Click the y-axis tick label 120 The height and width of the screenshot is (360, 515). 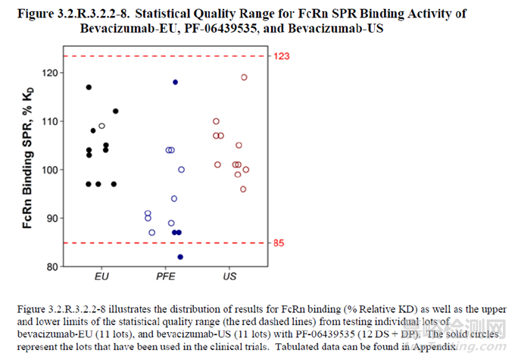click(x=51, y=73)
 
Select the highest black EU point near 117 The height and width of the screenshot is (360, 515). click(x=89, y=87)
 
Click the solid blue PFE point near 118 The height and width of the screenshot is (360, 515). click(x=175, y=82)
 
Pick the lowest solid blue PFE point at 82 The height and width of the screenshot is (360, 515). click(x=180, y=257)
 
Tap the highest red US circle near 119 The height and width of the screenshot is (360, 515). click(x=244, y=77)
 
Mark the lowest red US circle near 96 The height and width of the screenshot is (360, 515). click(x=243, y=189)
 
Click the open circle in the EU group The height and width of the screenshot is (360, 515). click(x=101, y=126)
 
